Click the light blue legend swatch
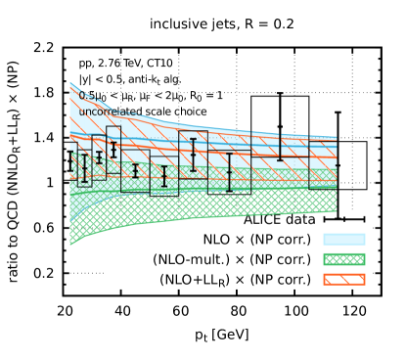pyautogui.click(x=343, y=239)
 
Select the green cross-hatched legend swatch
pyautogui.click(x=343, y=259)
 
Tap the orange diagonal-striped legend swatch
pyautogui.click(x=343, y=280)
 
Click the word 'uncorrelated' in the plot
pyautogui.click(x=107, y=112)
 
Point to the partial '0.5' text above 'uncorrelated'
pyautogui.click(x=87, y=97)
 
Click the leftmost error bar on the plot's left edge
pyautogui.click(x=70, y=162)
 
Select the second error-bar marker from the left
pyautogui.click(x=84, y=168)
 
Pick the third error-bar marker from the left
pyautogui.click(x=99, y=157)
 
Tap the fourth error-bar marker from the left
pyautogui.click(x=113, y=150)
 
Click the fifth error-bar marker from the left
pyautogui.click(x=135, y=170)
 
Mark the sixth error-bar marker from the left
pyautogui.click(x=164, y=176)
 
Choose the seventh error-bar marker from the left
pyautogui.click(x=193, y=155)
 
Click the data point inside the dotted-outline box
pyautogui.click(x=229, y=172)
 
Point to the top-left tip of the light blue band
pyautogui.click(x=70, y=83)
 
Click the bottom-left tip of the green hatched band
pyautogui.click(x=70, y=245)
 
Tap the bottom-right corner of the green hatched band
pyautogui.click(x=336, y=211)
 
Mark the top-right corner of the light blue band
pyautogui.click(x=336, y=138)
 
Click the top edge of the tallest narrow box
pyautogui.click(x=113, y=126)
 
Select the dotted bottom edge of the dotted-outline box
pyautogui.click(x=229, y=194)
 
